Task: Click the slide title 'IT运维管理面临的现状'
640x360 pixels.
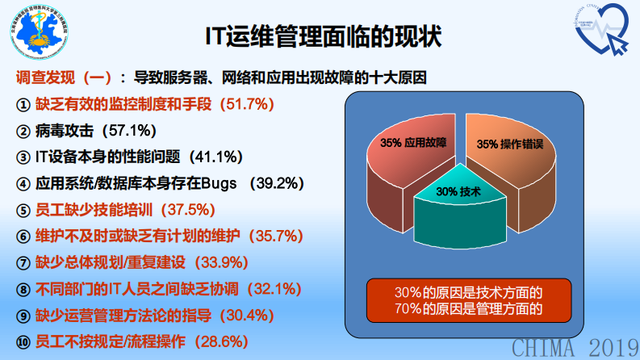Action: pyautogui.click(x=320, y=36)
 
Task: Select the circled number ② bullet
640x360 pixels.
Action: pyautogui.click(x=23, y=131)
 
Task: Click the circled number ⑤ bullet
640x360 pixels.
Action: pyautogui.click(x=23, y=210)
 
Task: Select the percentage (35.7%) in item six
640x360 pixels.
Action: pyautogui.click(x=275, y=236)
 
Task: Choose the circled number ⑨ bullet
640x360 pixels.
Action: pyautogui.click(x=23, y=316)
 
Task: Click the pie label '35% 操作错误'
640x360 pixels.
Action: pyautogui.click(x=508, y=144)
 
